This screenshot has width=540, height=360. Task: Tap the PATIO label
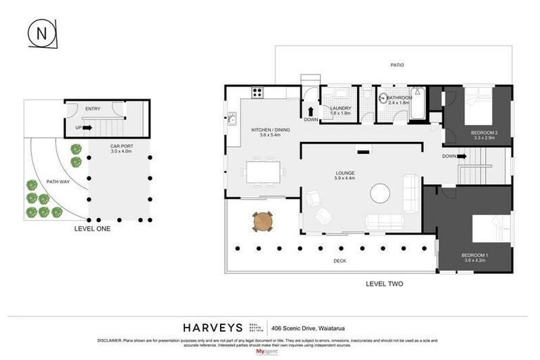click(397, 65)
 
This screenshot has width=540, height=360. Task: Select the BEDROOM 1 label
click(473, 256)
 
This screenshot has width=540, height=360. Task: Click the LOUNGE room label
click(345, 173)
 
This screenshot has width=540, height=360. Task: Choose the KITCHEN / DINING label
click(270, 131)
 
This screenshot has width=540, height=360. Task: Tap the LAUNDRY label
click(340, 110)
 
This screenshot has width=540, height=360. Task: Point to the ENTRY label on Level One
click(93, 109)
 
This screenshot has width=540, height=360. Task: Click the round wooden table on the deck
click(262, 221)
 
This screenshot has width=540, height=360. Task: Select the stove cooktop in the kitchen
click(257, 92)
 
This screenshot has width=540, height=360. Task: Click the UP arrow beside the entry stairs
click(87, 128)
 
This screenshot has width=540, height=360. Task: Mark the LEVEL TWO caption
click(385, 284)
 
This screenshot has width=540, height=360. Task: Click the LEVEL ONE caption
click(92, 229)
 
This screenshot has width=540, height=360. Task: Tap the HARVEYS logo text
click(213, 327)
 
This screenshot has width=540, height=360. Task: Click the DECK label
click(340, 261)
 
